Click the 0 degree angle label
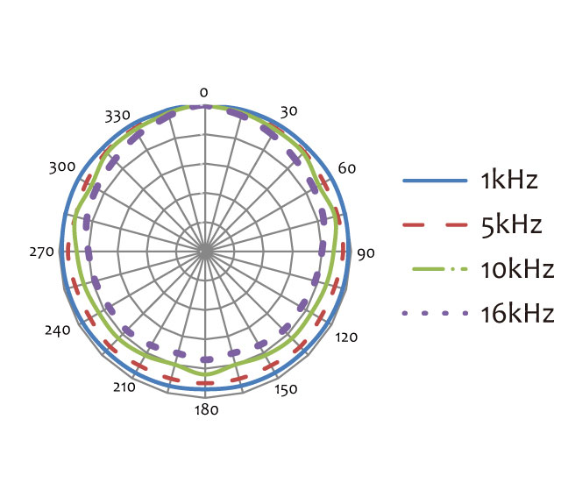point(203,93)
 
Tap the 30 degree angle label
point(288,111)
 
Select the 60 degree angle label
point(347,167)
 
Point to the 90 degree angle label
point(366,253)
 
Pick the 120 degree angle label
point(346,337)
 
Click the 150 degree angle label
point(286,389)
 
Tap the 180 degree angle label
point(207,410)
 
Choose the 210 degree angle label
point(124,387)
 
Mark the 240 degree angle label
point(58,330)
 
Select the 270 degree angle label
point(41,252)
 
